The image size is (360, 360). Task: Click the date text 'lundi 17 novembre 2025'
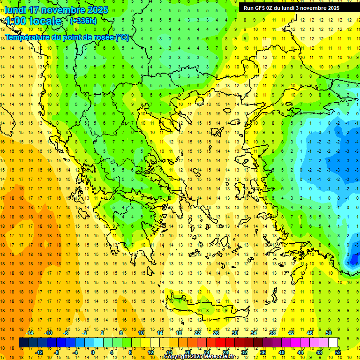point(56,10)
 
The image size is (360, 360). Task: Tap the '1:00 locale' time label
point(33,21)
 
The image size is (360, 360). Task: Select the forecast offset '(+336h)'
point(83,21)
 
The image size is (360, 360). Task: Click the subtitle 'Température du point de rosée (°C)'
point(67,37)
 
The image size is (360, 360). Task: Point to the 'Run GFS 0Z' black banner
point(292,8)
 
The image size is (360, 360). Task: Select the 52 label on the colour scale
point(338,352)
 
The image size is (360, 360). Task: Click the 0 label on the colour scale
point(93,352)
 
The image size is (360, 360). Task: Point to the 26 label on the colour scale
point(216,333)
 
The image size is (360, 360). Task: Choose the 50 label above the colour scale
point(329,333)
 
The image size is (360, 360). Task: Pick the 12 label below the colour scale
point(150,352)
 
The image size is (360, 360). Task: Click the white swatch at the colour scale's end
point(333,343)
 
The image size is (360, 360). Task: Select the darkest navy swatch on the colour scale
point(23,343)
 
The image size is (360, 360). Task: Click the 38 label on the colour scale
point(272,333)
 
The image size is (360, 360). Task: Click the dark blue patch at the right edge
point(352,258)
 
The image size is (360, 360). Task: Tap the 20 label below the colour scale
point(188,352)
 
